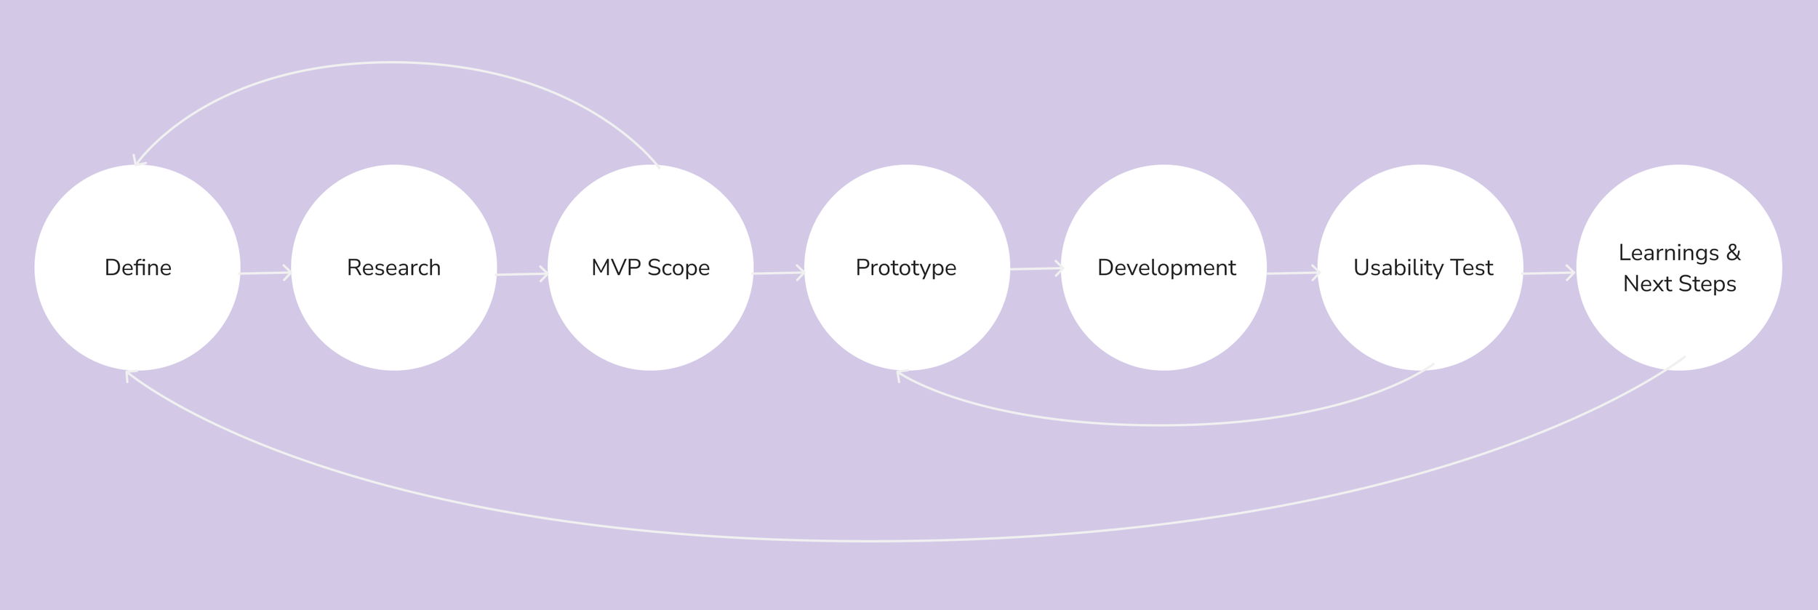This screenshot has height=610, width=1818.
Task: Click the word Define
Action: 138,268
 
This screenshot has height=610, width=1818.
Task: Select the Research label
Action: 393,268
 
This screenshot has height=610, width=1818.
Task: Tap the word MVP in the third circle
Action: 616,268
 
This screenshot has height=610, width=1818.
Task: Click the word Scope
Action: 678,268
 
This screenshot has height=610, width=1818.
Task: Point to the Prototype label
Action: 905,268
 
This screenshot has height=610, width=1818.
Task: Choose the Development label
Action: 1166,268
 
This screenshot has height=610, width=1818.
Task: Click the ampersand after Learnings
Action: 1734,252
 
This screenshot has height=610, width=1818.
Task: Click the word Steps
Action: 1707,284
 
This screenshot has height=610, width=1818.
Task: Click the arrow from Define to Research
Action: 265,273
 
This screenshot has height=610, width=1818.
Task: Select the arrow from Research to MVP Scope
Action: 522,274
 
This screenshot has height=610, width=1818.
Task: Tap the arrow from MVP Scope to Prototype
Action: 779,273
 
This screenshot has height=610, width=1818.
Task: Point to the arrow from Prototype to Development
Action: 1036,269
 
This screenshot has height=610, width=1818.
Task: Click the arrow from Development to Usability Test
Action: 1293,273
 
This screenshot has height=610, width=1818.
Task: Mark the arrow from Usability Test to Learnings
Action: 1550,273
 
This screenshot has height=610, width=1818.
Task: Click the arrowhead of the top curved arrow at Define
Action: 137,161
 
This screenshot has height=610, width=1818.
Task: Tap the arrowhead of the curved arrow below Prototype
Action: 900,374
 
